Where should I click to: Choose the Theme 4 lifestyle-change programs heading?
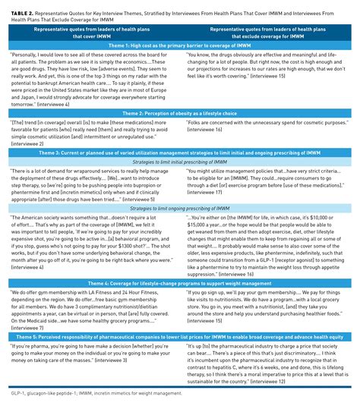click(x=179, y=282)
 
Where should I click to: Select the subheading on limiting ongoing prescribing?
click(x=179, y=206)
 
